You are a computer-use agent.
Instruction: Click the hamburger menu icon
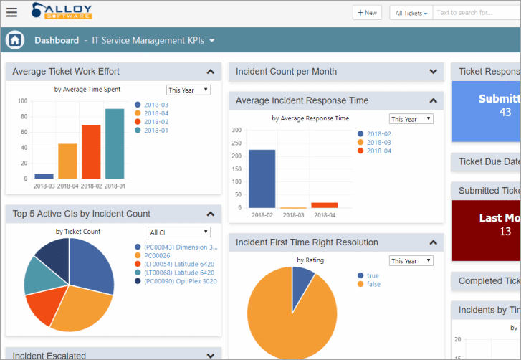point(11,12)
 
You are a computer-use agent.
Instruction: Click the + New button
point(367,13)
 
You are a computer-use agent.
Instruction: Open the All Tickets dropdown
point(411,13)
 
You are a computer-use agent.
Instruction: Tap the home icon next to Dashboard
point(15,40)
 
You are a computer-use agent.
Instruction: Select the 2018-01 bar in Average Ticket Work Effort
point(115,143)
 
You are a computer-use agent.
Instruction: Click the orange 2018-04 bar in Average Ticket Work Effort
point(67,161)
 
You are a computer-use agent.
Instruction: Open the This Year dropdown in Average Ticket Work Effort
point(188,90)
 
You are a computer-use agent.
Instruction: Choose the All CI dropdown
point(179,232)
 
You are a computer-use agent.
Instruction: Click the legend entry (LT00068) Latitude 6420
point(178,273)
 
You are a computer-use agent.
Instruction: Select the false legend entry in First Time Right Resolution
point(373,285)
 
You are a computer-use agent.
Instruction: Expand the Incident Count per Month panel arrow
point(433,72)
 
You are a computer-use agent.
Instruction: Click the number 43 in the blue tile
point(505,112)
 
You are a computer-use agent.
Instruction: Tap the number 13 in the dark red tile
point(505,231)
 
